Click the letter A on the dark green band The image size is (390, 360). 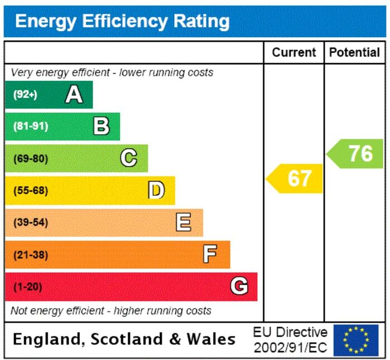point(74,94)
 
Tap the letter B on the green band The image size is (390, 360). point(101,126)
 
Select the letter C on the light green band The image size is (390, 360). point(128,158)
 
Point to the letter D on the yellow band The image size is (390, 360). point(156,190)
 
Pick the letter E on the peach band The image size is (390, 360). point(184,222)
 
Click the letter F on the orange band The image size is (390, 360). point(210,254)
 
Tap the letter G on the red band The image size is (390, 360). point(239,286)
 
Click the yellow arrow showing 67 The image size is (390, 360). point(294,178)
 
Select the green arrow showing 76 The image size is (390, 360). point(355,154)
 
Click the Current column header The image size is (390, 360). point(294,52)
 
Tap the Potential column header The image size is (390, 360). point(354,52)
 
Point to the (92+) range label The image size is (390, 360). point(25,94)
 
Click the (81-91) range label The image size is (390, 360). point(31,126)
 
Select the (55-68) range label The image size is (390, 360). point(31,191)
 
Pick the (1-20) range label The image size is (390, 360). point(28,286)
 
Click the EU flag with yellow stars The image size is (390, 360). point(356,340)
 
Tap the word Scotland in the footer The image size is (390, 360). point(127,339)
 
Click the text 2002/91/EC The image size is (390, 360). point(290,348)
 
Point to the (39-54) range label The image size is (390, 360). point(31,222)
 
